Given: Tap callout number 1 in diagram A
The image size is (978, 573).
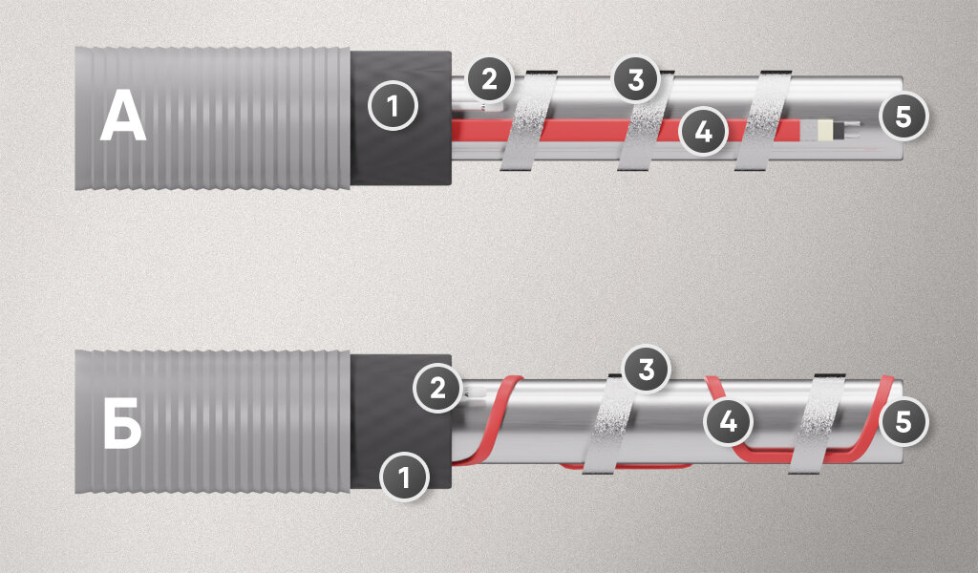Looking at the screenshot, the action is [x=393, y=105].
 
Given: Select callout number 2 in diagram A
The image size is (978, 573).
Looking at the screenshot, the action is [x=489, y=79].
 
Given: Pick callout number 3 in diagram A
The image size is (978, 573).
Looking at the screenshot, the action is [x=635, y=79].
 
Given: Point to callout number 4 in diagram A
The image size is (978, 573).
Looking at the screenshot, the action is [x=703, y=132].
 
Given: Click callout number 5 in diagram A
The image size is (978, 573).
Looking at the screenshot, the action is [x=904, y=117].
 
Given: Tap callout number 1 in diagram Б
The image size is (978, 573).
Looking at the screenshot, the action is [x=404, y=477].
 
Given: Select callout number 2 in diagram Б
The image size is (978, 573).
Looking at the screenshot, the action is [x=437, y=388].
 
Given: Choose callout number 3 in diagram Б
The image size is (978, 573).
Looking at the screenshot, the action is [x=647, y=369].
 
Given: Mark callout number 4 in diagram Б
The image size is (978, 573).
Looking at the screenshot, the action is [x=728, y=421].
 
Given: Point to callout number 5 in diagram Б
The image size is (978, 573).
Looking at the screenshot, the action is [x=904, y=421].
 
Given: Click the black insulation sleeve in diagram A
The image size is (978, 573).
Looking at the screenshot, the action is [x=400, y=117].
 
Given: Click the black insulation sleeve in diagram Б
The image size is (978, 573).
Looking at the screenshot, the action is [x=400, y=421].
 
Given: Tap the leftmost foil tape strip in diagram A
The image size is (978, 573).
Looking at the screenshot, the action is [x=528, y=119].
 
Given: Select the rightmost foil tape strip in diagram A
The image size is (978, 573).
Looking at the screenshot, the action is [x=763, y=119].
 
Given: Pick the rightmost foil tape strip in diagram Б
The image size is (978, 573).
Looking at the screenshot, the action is [x=818, y=423].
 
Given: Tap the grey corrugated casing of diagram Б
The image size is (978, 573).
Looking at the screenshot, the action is [x=212, y=421].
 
